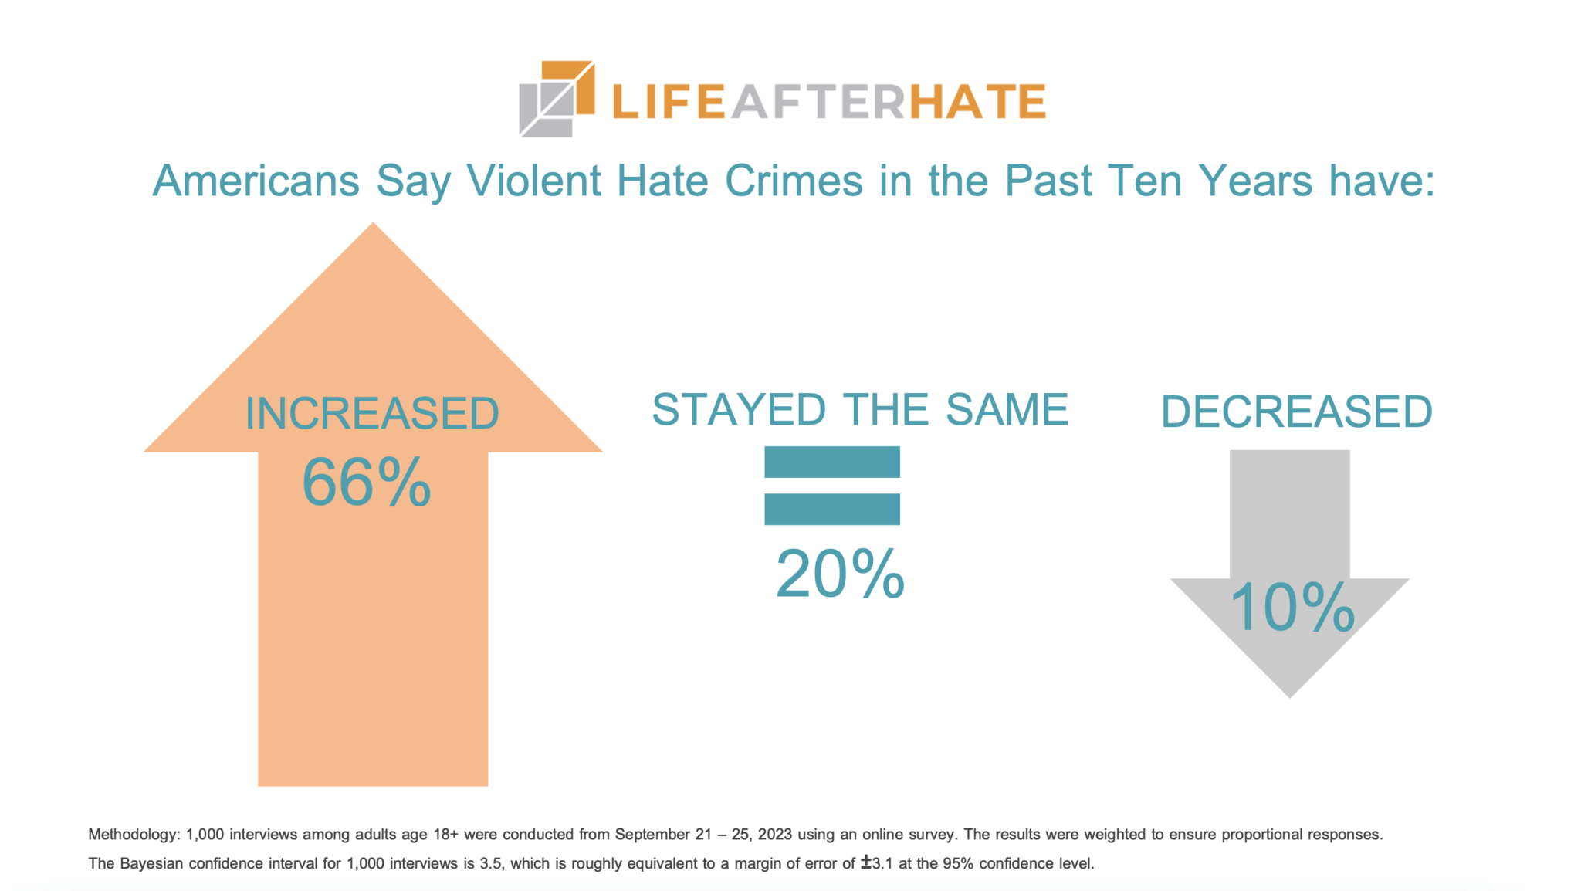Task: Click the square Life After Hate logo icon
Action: (x=556, y=99)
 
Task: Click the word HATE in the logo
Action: (x=977, y=102)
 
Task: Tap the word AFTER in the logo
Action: (x=818, y=102)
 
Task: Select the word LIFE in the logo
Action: (x=669, y=102)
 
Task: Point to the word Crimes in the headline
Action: (x=794, y=181)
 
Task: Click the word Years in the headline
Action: (x=1255, y=181)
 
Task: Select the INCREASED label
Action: (x=372, y=414)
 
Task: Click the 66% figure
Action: (x=366, y=483)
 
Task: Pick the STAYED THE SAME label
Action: (x=860, y=409)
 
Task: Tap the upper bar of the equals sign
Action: (x=832, y=462)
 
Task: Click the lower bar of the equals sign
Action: (x=832, y=509)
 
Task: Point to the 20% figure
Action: (x=840, y=574)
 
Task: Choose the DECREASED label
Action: (x=1297, y=412)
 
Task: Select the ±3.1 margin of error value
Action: (x=877, y=863)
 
